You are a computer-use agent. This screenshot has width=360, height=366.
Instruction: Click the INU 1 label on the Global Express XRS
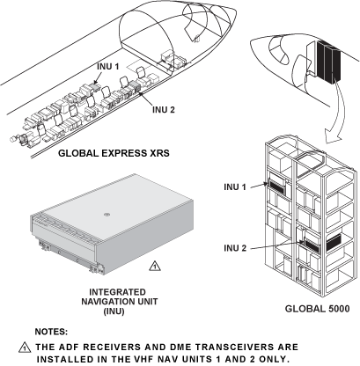[108, 67]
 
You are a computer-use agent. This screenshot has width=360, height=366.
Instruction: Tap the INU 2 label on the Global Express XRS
[164, 110]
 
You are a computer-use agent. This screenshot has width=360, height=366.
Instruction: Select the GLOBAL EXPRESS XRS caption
[114, 153]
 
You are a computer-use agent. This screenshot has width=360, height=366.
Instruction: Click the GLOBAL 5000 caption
[318, 309]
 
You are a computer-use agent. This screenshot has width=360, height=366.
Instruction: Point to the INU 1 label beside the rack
[235, 187]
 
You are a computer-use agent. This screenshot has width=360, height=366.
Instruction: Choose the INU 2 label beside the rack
[235, 248]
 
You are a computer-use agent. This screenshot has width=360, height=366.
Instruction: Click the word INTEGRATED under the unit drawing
[117, 292]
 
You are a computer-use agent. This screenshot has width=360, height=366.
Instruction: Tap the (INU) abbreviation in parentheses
[114, 311]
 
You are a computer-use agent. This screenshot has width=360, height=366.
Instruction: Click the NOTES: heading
[51, 332]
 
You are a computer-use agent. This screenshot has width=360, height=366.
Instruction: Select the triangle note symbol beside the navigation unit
[155, 266]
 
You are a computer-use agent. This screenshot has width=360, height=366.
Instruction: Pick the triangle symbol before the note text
[25, 348]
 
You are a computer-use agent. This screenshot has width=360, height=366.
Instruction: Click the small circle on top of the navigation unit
[107, 215]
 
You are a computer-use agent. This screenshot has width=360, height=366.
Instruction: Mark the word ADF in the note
[68, 347]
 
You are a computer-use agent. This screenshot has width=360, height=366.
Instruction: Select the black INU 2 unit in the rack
[312, 245]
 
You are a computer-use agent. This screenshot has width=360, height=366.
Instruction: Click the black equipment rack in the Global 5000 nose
[328, 62]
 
